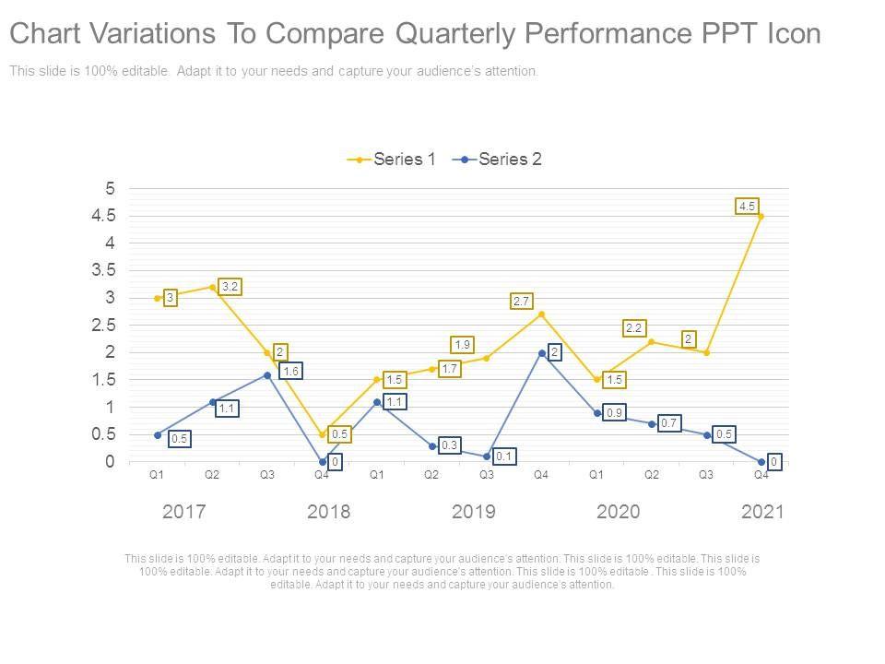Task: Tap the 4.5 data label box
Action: point(748,207)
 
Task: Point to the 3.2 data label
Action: point(230,287)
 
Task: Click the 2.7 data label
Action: point(521,302)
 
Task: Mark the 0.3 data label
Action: point(449,445)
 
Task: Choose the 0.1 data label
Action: point(504,456)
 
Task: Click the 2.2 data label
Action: point(634,327)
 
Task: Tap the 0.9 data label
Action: point(614,413)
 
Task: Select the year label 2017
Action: point(183,512)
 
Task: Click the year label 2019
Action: point(473,512)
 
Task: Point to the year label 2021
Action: point(762,512)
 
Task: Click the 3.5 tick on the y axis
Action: point(103,270)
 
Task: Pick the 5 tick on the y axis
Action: point(111,189)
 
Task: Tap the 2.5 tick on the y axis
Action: point(103,326)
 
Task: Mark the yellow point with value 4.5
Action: point(761,217)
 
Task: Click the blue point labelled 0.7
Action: point(652,424)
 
